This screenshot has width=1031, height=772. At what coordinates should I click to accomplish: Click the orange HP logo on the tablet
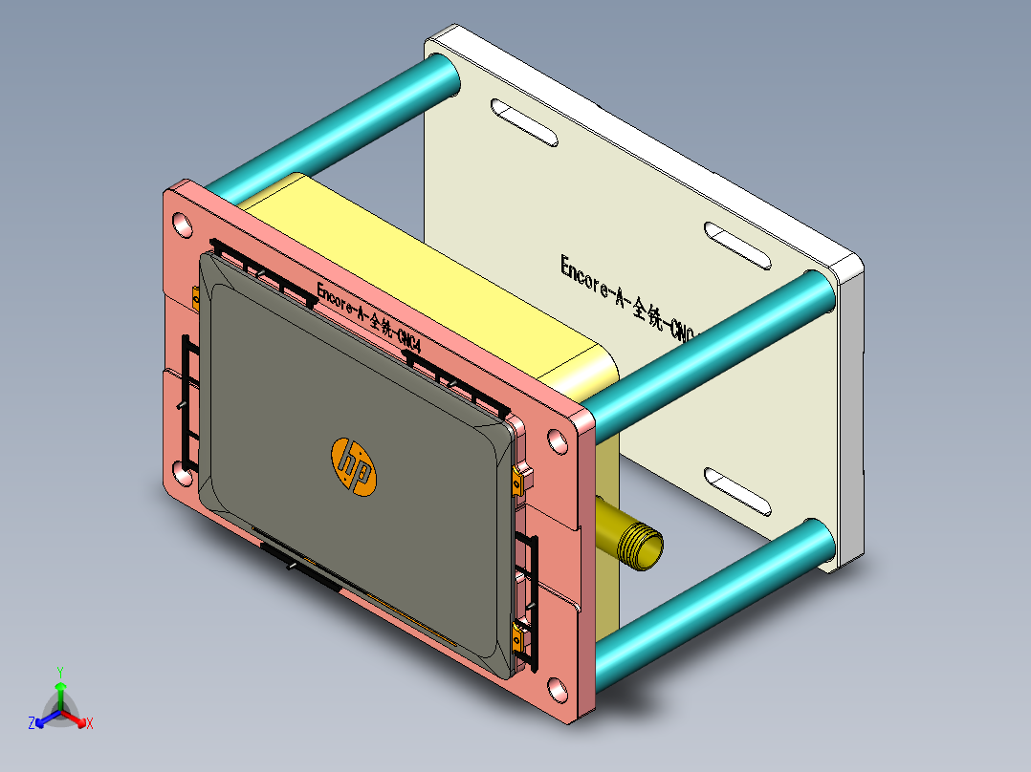[354, 467]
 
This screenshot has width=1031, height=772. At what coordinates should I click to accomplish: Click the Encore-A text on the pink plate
[368, 312]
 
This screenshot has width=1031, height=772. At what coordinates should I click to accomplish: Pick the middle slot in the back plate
[737, 247]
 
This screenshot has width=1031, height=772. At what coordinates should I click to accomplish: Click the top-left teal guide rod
[325, 124]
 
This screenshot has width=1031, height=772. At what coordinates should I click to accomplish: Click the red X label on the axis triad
[90, 723]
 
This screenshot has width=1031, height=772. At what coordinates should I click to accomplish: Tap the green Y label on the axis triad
[59, 671]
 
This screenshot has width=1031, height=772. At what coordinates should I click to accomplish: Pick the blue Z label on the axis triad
[32, 723]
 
